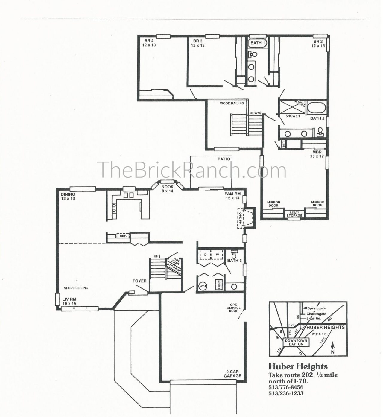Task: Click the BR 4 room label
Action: click(x=149, y=41)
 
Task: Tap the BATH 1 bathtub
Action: click(x=258, y=43)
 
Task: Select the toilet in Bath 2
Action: click(x=320, y=132)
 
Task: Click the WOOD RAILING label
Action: click(x=232, y=104)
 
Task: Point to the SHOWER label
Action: click(x=292, y=116)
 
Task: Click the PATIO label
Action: click(x=224, y=159)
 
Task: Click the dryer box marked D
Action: click(x=205, y=255)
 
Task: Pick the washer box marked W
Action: click(x=218, y=255)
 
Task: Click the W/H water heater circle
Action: click(x=203, y=286)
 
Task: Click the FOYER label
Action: click(x=139, y=281)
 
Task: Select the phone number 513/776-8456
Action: click(x=286, y=387)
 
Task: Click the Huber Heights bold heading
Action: click(x=298, y=366)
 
